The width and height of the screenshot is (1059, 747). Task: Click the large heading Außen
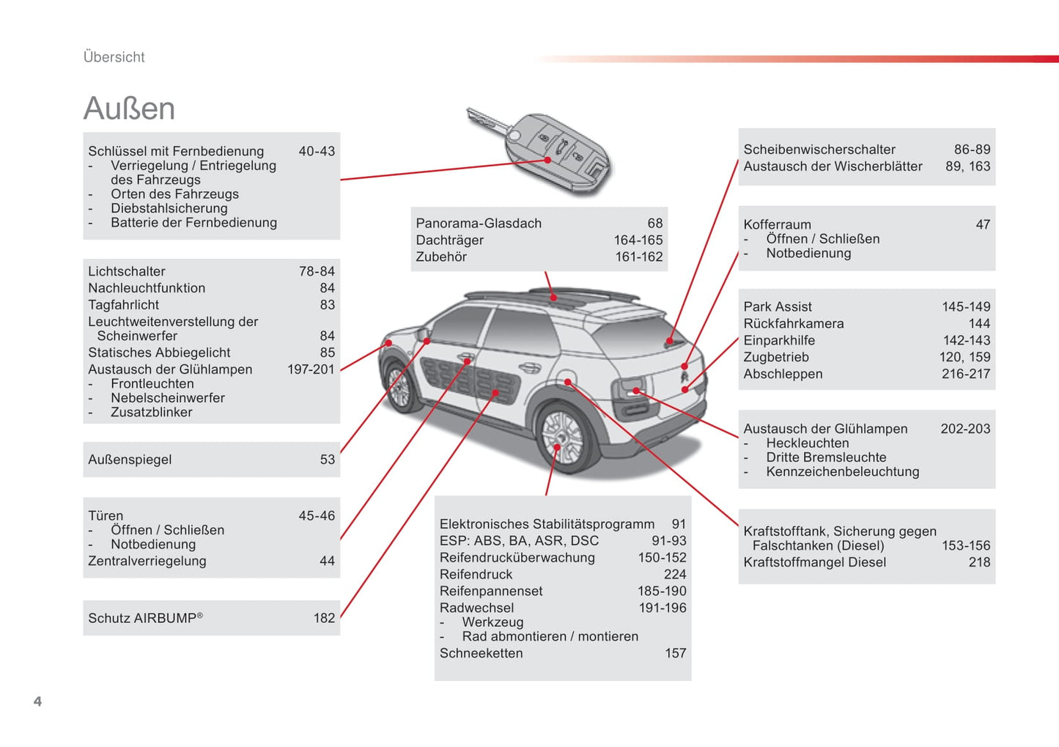tap(129, 108)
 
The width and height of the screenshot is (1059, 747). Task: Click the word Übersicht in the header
tap(114, 56)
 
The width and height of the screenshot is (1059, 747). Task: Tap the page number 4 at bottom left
tap(38, 701)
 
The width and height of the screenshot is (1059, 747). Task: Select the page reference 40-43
tap(317, 151)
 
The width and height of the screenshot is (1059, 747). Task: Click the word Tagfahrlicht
tap(123, 305)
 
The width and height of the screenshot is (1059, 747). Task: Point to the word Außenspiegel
tap(130, 460)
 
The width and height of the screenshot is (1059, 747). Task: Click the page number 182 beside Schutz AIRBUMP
tap(325, 618)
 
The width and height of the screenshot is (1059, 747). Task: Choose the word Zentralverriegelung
tap(147, 562)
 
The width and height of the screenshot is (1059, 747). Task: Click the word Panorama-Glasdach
tap(479, 223)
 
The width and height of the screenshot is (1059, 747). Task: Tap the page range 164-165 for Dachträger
tap(638, 240)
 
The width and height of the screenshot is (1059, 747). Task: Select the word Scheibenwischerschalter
tap(819, 150)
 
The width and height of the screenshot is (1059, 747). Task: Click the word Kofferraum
tap(778, 224)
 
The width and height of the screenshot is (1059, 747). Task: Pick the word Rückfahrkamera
tap(794, 323)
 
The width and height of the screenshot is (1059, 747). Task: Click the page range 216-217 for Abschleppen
tap(966, 374)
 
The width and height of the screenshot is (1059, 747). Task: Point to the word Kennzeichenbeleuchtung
tap(843, 472)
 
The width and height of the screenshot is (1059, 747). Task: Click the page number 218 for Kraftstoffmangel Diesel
tap(980, 562)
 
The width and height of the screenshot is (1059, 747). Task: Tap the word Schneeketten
tap(481, 653)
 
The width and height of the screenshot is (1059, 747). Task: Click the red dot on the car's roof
tap(553, 298)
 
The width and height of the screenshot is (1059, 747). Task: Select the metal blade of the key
tap(488, 119)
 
